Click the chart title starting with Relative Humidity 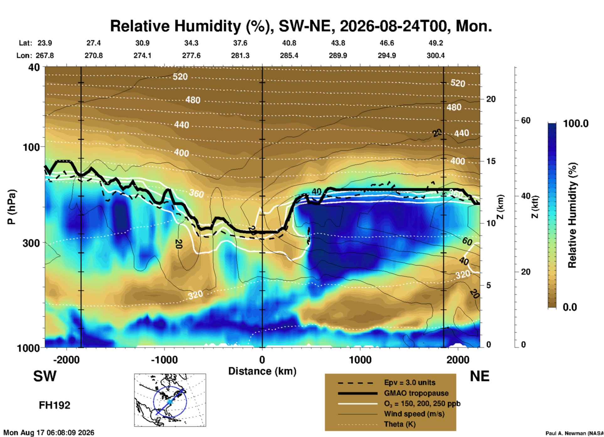(x=301, y=26)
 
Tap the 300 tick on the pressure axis (x=31, y=243)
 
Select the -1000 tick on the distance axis (x=164, y=360)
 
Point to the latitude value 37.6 (x=240, y=43)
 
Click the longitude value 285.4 (x=289, y=55)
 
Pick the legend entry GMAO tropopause (x=416, y=393)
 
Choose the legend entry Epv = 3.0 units (x=410, y=382)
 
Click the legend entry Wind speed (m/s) (x=414, y=414)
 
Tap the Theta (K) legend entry (x=400, y=424)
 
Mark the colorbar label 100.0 (x=576, y=124)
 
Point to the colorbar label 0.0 (x=570, y=307)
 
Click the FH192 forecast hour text (x=55, y=405)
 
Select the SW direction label (x=45, y=376)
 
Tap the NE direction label (x=479, y=376)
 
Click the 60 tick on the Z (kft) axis (x=526, y=120)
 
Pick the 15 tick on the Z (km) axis (x=491, y=161)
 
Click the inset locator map (x=170, y=400)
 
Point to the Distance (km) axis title (x=262, y=371)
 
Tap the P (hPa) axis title (x=12, y=207)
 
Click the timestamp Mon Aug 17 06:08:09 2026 (x=49, y=433)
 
